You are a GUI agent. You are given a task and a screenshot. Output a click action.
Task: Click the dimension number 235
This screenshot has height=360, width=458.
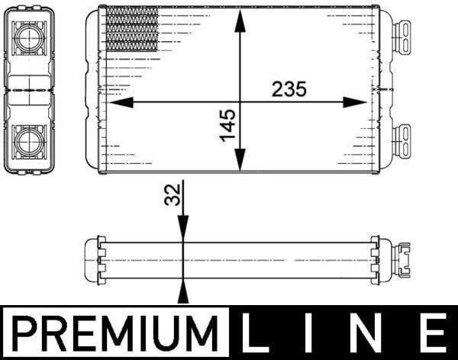[289, 89]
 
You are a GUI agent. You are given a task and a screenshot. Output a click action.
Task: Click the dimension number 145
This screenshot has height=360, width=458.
[228, 125]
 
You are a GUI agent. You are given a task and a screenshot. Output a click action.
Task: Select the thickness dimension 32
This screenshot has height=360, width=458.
[173, 194]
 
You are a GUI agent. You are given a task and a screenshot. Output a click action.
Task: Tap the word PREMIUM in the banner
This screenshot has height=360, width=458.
[115, 333]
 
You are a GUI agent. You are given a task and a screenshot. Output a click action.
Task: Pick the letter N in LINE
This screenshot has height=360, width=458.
[369, 333]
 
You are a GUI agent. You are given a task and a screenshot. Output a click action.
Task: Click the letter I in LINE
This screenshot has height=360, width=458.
[309, 333]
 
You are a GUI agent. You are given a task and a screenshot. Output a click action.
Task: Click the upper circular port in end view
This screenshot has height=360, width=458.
[29, 38]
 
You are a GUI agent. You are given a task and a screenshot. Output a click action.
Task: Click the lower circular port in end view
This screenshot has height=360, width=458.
[29, 142]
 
